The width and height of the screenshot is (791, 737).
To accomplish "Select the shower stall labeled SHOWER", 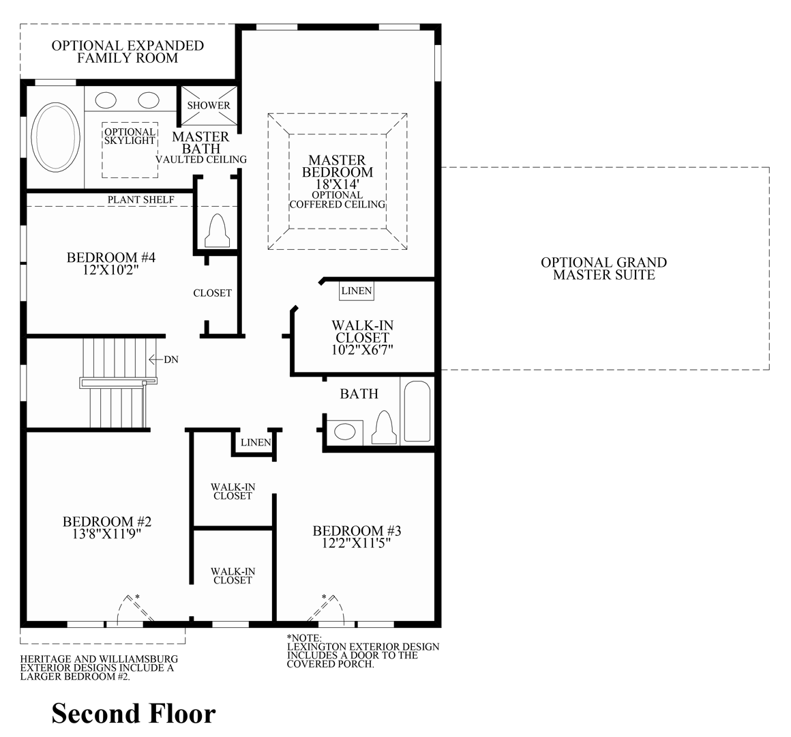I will click(209, 105).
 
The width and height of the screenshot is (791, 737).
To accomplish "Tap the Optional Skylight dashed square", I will click(130, 150).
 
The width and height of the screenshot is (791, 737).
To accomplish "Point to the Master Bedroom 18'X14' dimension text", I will click(338, 184).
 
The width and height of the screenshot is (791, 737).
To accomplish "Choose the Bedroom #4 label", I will click(112, 257).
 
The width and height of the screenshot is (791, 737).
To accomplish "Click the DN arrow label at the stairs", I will click(170, 360).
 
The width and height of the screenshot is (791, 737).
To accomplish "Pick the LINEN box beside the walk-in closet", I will click(357, 291).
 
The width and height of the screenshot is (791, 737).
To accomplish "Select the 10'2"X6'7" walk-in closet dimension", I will click(362, 349).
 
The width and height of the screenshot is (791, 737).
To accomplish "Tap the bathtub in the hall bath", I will click(416, 411).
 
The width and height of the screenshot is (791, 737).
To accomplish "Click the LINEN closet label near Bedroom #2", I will click(256, 442).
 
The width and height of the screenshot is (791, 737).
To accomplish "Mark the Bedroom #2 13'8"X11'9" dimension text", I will click(107, 534).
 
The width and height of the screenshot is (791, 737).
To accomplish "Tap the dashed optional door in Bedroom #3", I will click(333, 609).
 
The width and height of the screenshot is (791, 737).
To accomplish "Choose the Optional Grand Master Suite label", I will click(603, 268).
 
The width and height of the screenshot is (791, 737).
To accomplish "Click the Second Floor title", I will click(134, 713).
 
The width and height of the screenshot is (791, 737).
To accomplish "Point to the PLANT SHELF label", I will click(141, 199).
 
